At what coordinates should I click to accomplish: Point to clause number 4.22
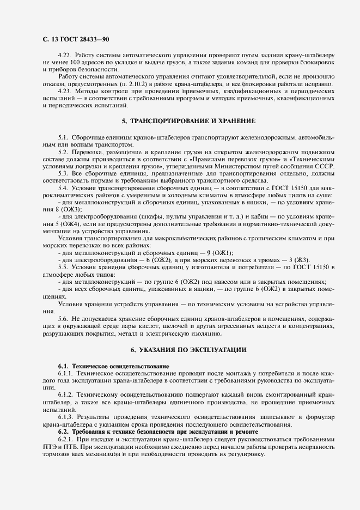pos(64,56)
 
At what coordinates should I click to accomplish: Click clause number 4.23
pos(64,92)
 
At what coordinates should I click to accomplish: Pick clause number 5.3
pos(63,173)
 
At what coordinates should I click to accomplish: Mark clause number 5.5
pos(63,266)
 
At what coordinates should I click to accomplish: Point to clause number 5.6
pos(63,317)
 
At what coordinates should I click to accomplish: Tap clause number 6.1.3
pos(65,416)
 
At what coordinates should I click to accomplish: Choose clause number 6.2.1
pos(65,439)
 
